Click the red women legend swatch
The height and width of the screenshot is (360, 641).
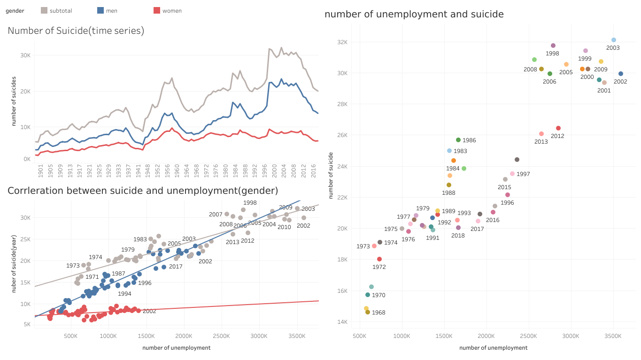coord(157,10)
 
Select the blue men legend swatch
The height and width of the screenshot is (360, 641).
coord(100,10)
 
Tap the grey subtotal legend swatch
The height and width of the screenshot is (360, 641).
coord(44,10)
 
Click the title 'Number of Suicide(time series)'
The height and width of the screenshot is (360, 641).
coord(76,31)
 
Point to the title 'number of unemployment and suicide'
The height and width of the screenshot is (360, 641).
coord(414,14)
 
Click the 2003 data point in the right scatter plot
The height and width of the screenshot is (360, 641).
coord(613,40)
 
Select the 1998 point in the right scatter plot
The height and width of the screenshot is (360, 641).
coord(553,46)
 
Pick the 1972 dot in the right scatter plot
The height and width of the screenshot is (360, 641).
coord(379,259)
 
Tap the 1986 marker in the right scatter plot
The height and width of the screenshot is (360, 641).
coord(458,140)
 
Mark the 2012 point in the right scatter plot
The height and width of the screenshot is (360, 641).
coord(558,128)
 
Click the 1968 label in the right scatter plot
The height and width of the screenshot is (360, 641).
coord(378,313)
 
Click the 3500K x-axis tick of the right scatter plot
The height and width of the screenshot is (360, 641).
coord(613,336)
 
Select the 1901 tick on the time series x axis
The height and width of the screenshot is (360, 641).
coord(41,172)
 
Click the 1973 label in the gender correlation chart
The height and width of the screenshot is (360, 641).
coord(73,266)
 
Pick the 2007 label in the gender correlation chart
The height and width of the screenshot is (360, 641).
coord(216,214)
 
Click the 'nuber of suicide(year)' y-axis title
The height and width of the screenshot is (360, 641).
coord(14,265)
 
